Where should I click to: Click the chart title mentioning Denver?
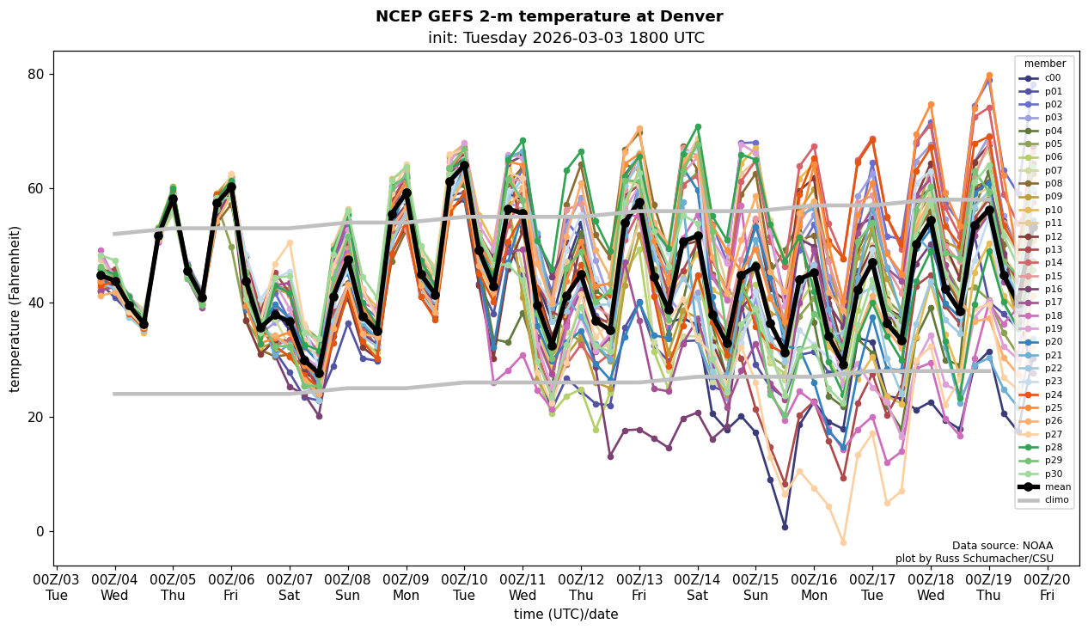point(549,16)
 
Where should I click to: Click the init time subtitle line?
point(565,38)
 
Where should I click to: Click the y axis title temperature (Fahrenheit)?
point(15,309)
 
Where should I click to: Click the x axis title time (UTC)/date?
point(565,615)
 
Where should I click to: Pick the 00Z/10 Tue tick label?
point(465,588)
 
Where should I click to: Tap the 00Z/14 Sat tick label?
point(698,588)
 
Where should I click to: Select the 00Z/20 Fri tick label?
point(1047,588)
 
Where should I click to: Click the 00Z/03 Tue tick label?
point(57,588)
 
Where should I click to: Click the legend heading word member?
point(1044,64)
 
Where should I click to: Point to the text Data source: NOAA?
point(1002,546)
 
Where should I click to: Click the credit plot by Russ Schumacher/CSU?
point(974,559)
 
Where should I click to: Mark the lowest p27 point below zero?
point(843,542)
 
